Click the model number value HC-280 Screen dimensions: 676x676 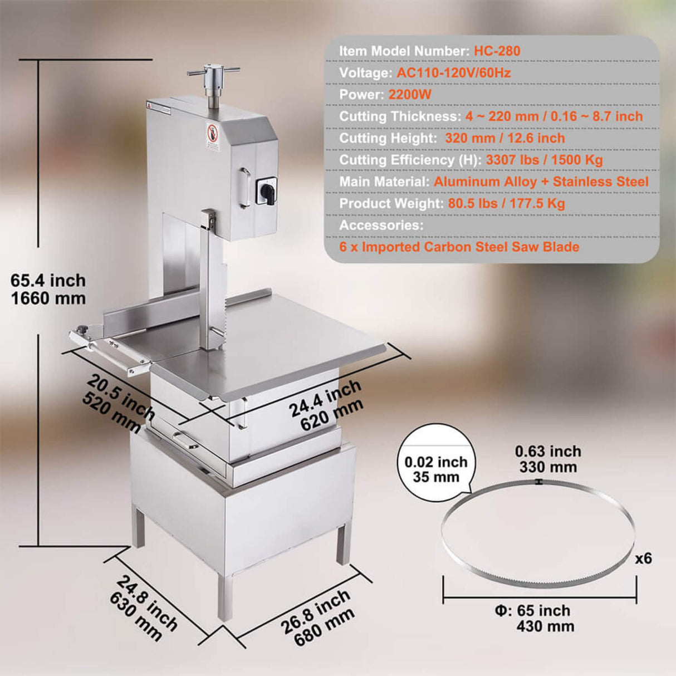click(x=497, y=51)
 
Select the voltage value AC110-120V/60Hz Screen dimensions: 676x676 click(x=453, y=73)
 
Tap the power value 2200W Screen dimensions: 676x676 click(x=410, y=95)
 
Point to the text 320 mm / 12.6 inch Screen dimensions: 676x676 click(x=504, y=138)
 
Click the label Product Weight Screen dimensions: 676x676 click(x=391, y=203)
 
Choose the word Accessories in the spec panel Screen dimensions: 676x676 click(x=381, y=225)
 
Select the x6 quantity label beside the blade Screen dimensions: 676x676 click(x=644, y=558)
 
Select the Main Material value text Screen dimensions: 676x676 click(x=541, y=182)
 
